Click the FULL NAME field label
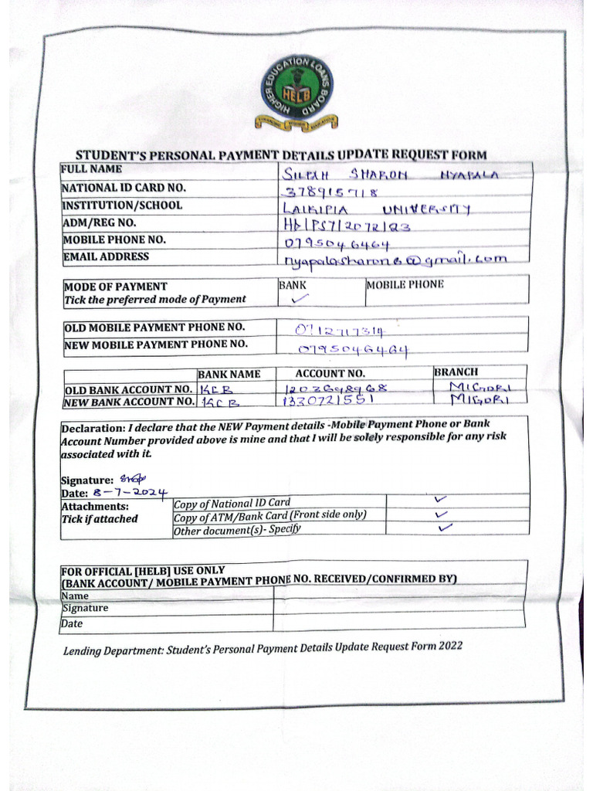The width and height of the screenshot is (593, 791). tap(90, 168)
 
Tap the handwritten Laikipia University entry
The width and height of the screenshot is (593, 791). tap(378, 209)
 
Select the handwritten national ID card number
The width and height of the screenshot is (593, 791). tap(332, 192)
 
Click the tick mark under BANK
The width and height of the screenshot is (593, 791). tap(300, 298)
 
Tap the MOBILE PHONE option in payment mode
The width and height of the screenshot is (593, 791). tap(405, 284)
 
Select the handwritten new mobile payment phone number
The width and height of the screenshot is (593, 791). tap(352, 350)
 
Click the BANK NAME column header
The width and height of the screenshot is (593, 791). tap(229, 374)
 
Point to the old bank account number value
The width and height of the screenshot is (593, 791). tap(335, 388)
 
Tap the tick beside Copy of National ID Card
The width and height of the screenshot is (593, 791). tap(442, 500)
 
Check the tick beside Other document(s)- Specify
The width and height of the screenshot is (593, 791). tap(445, 528)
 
